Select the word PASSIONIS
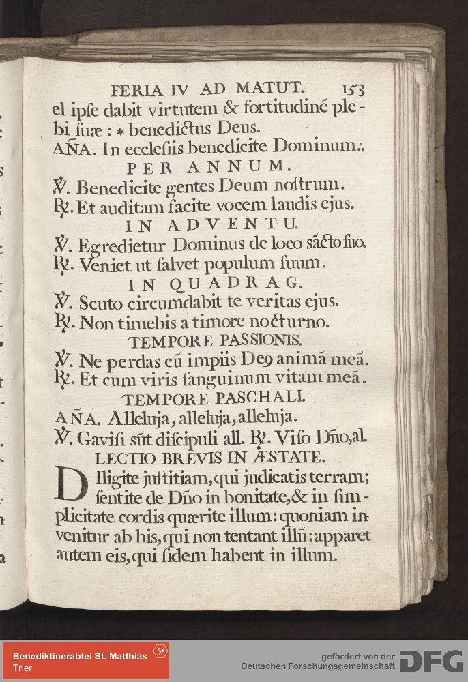click(256, 339)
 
